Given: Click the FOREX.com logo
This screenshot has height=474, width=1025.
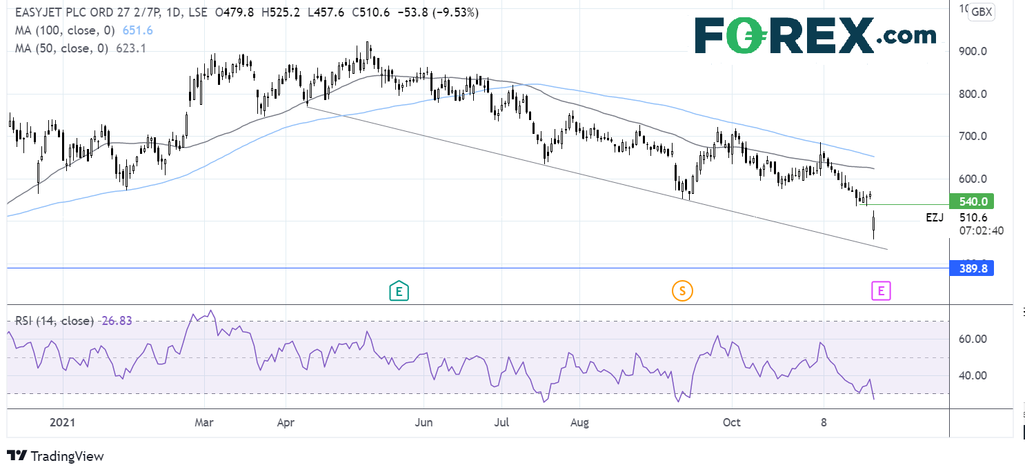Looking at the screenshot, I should pos(815,36).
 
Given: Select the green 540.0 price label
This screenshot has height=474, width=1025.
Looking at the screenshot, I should pos(972,202).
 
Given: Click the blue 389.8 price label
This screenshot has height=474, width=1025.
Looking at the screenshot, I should pos(972,269).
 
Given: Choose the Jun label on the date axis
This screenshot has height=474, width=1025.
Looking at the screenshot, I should pos(424,422).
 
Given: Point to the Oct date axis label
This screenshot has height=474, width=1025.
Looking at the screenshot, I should pos(731,422).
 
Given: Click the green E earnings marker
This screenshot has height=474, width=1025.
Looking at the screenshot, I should pos(398,291).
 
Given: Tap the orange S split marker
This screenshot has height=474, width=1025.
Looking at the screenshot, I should pos(682,291).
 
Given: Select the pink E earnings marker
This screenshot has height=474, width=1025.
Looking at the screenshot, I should pos(880,291).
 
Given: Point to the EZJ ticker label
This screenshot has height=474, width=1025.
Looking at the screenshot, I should pos(935,217).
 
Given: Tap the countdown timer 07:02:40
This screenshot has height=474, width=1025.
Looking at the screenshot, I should pos(976,230).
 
